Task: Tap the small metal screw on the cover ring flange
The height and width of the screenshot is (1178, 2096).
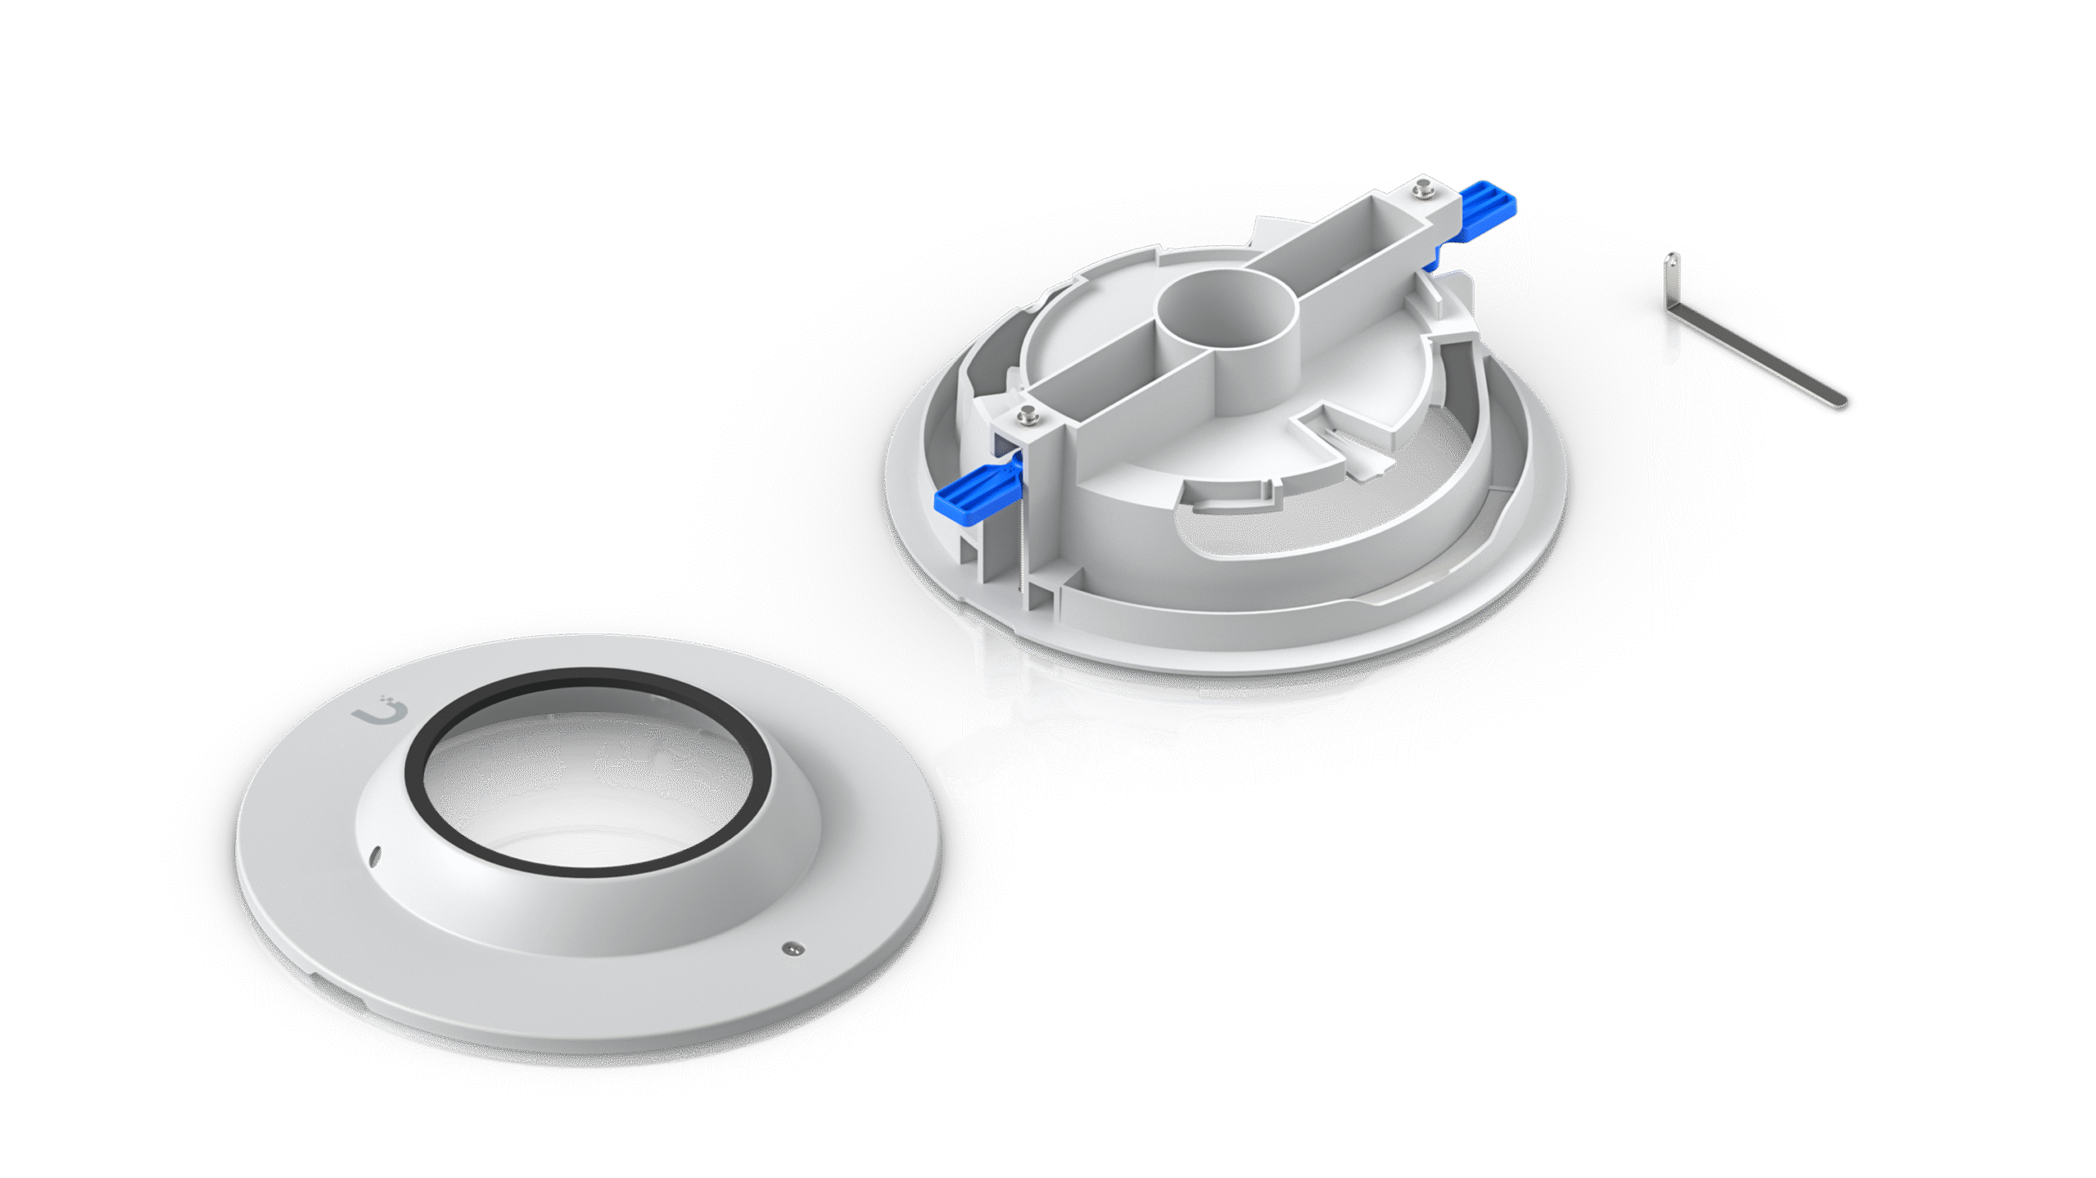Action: (x=792, y=949)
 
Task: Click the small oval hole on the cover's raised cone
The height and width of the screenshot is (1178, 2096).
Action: (x=375, y=856)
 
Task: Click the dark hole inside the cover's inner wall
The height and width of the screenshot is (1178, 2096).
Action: (x=662, y=763)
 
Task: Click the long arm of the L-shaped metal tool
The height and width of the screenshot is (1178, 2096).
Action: (x=1760, y=365)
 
